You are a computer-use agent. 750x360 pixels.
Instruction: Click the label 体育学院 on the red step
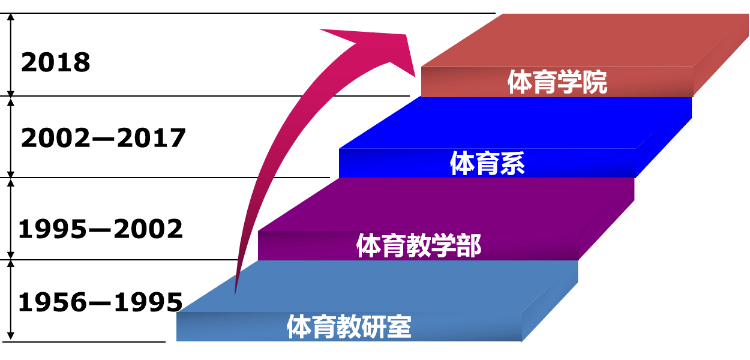(x=557, y=83)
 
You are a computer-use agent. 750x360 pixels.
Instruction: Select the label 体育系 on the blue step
(x=487, y=164)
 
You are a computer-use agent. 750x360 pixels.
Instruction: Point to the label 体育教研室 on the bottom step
(x=349, y=328)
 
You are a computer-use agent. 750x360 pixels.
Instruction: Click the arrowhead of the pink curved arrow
(x=384, y=48)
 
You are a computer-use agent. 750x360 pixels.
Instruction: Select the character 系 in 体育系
(x=512, y=164)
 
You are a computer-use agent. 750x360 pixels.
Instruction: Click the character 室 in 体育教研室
(x=399, y=328)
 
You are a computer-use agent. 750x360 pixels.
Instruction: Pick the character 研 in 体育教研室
(x=374, y=328)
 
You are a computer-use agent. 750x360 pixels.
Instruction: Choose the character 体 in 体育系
(x=462, y=164)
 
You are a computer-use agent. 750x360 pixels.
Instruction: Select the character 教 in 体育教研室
(x=349, y=328)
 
